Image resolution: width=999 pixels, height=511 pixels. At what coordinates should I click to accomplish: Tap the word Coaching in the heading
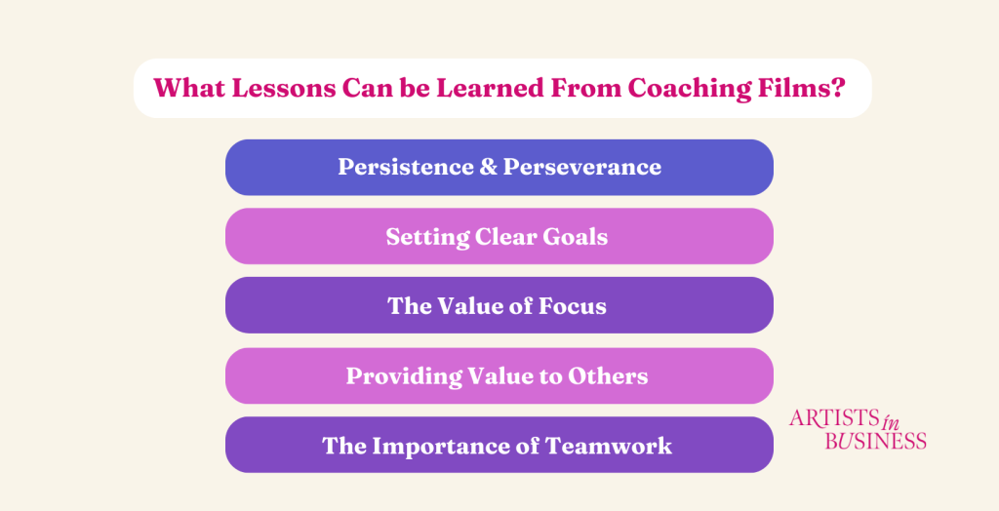[x=689, y=89]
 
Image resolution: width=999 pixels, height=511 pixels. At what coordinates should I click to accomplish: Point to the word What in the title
[x=188, y=88]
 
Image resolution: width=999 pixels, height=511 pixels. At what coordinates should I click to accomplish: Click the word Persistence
[x=406, y=167]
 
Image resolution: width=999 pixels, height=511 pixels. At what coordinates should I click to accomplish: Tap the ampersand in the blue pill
[x=489, y=167]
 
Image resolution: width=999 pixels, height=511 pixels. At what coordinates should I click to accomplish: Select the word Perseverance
[x=582, y=167]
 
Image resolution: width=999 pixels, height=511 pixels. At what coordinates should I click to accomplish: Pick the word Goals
[x=575, y=237]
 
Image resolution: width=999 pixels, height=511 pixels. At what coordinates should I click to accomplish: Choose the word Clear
[x=505, y=237]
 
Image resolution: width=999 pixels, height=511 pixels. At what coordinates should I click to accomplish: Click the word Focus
[x=573, y=306]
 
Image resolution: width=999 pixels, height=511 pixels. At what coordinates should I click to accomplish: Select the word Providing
[x=405, y=376]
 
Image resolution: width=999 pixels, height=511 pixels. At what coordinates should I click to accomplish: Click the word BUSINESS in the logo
[x=875, y=440]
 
